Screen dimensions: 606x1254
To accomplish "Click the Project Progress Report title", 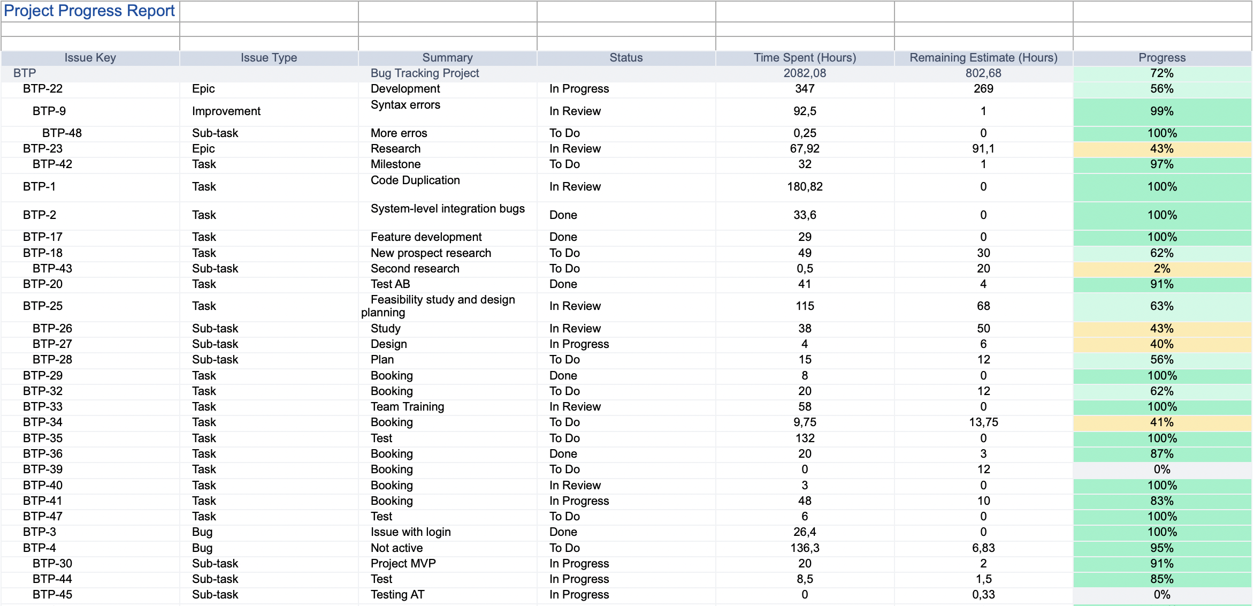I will tap(89, 11).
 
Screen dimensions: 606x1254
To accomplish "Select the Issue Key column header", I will tap(90, 58).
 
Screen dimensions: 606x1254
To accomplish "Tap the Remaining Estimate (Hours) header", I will tap(983, 58).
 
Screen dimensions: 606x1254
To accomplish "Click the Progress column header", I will tap(1162, 58).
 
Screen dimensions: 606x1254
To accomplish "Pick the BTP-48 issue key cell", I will tap(62, 133).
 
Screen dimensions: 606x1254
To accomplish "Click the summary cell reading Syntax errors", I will tap(406, 105).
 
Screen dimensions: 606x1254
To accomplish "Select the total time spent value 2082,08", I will tap(805, 73).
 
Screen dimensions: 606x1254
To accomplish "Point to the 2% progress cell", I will tap(1162, 268).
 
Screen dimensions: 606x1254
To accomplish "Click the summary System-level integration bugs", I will tap(448, 209).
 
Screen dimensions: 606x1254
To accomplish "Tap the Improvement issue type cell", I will tap(226, 111).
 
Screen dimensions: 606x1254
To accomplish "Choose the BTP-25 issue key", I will tap(43, 306).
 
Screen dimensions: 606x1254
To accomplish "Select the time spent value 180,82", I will tap(805, 187).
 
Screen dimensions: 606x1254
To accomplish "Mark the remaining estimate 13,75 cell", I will tap(983, 422).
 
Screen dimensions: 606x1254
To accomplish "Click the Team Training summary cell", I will tap(407, 406).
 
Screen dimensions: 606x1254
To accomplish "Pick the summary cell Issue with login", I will tap(410, 532).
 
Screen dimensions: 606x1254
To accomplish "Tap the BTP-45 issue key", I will tap(52, 594).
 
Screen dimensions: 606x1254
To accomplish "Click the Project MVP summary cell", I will tap(403, 563).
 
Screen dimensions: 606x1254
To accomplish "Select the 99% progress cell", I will tap(1162, 111).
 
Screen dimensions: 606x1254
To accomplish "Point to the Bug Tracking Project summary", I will tap(425, 73).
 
